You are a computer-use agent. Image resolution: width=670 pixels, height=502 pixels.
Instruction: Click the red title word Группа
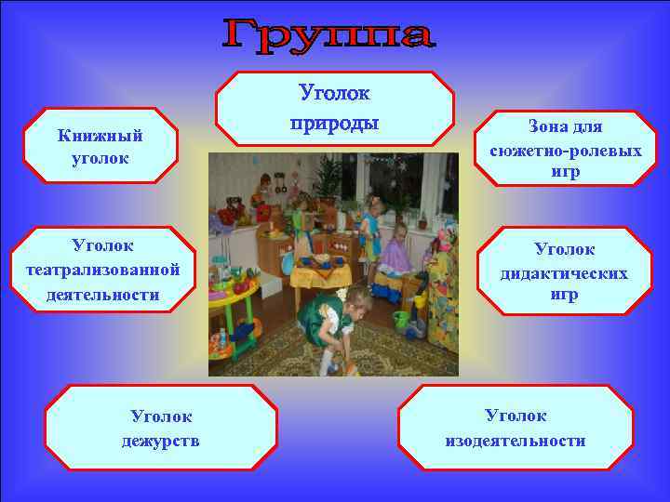tap(329, 36)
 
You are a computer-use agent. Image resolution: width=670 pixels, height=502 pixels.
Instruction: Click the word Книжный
tap(100, 136)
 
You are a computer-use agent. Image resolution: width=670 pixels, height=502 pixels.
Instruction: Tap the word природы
tap(334, 122)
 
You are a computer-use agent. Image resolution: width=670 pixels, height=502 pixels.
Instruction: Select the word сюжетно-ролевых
tap(565, 149)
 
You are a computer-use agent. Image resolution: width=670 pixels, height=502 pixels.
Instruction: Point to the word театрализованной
tap(103, 271)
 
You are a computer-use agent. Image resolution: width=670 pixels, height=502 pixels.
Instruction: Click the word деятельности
tap(103, 295)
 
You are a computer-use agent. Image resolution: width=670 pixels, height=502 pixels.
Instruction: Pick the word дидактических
tap(565, 273)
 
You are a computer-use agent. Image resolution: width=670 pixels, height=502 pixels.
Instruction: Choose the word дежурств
tap(160, 440)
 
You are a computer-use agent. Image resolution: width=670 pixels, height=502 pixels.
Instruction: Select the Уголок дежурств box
tap(160, 427)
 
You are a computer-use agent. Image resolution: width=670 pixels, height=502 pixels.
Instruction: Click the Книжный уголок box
tap(100, 146)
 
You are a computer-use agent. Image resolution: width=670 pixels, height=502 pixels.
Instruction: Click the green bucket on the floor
tap(402, 321)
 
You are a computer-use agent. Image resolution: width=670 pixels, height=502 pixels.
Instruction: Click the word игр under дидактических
tap(565, 296)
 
